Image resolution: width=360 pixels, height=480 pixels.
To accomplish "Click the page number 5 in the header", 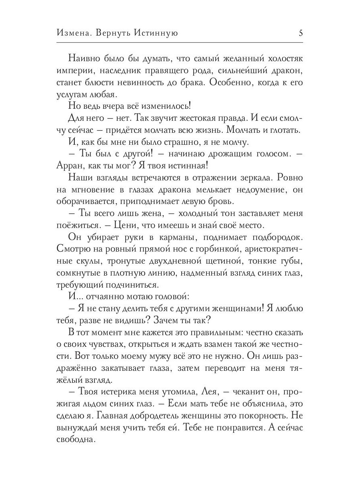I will click(x=301, y=33).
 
